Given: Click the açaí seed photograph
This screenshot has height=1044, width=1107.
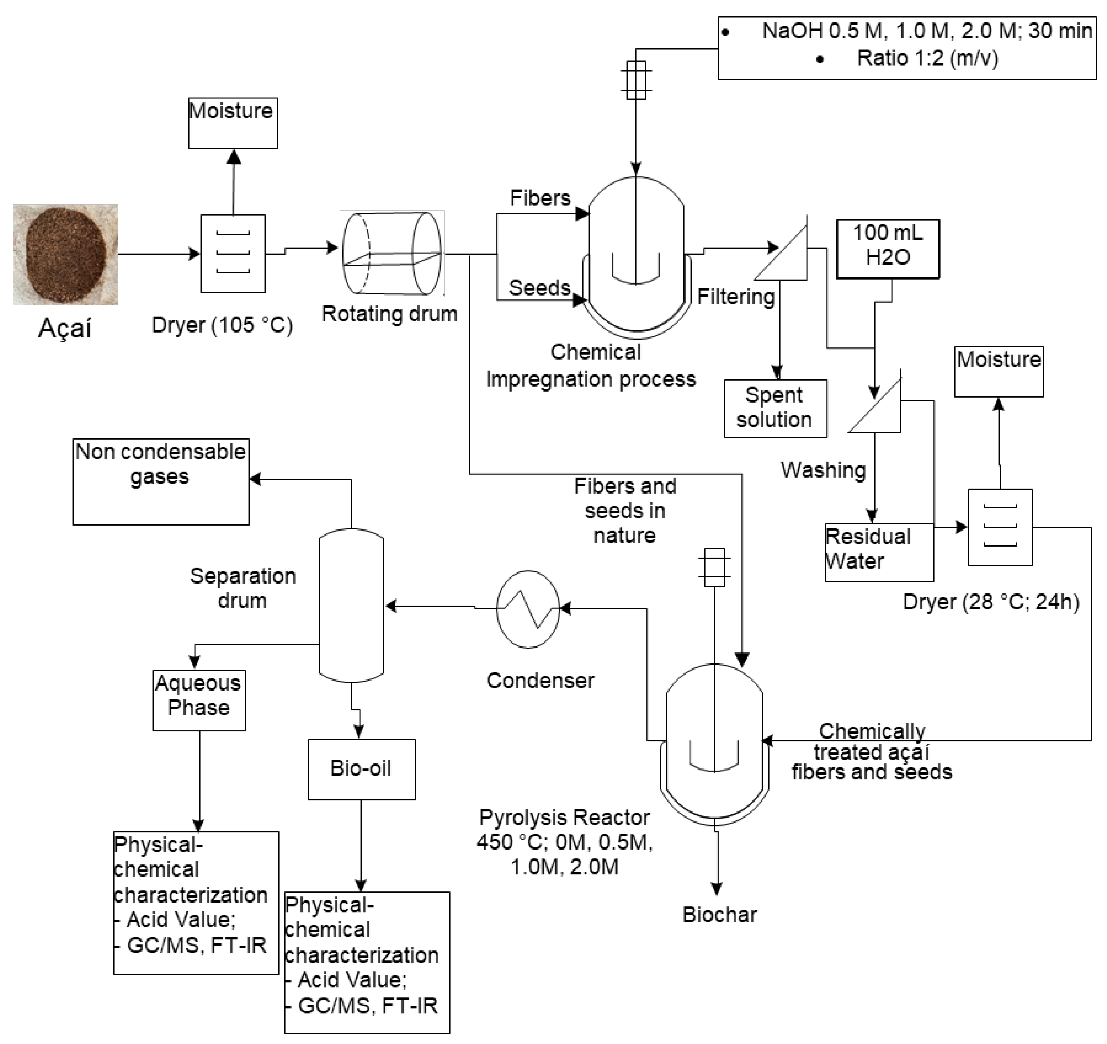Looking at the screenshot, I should tap(66, 255).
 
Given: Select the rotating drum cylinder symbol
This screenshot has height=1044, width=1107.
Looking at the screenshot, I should tap(392, 253).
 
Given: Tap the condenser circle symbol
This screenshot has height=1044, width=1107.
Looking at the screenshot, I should tap(528, 609).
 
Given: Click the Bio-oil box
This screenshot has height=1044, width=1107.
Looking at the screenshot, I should tap(361, 769).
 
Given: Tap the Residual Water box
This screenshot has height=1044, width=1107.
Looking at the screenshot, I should tap(878, 552).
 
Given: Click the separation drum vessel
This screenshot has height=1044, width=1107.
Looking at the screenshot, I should tap(351, 605).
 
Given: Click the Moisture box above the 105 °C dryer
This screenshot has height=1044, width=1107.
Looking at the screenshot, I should tap(233, 123).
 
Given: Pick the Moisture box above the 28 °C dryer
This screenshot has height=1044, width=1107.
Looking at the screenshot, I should tap(998, 371).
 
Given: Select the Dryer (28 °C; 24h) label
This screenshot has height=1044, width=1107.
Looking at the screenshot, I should tap(991, 602).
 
